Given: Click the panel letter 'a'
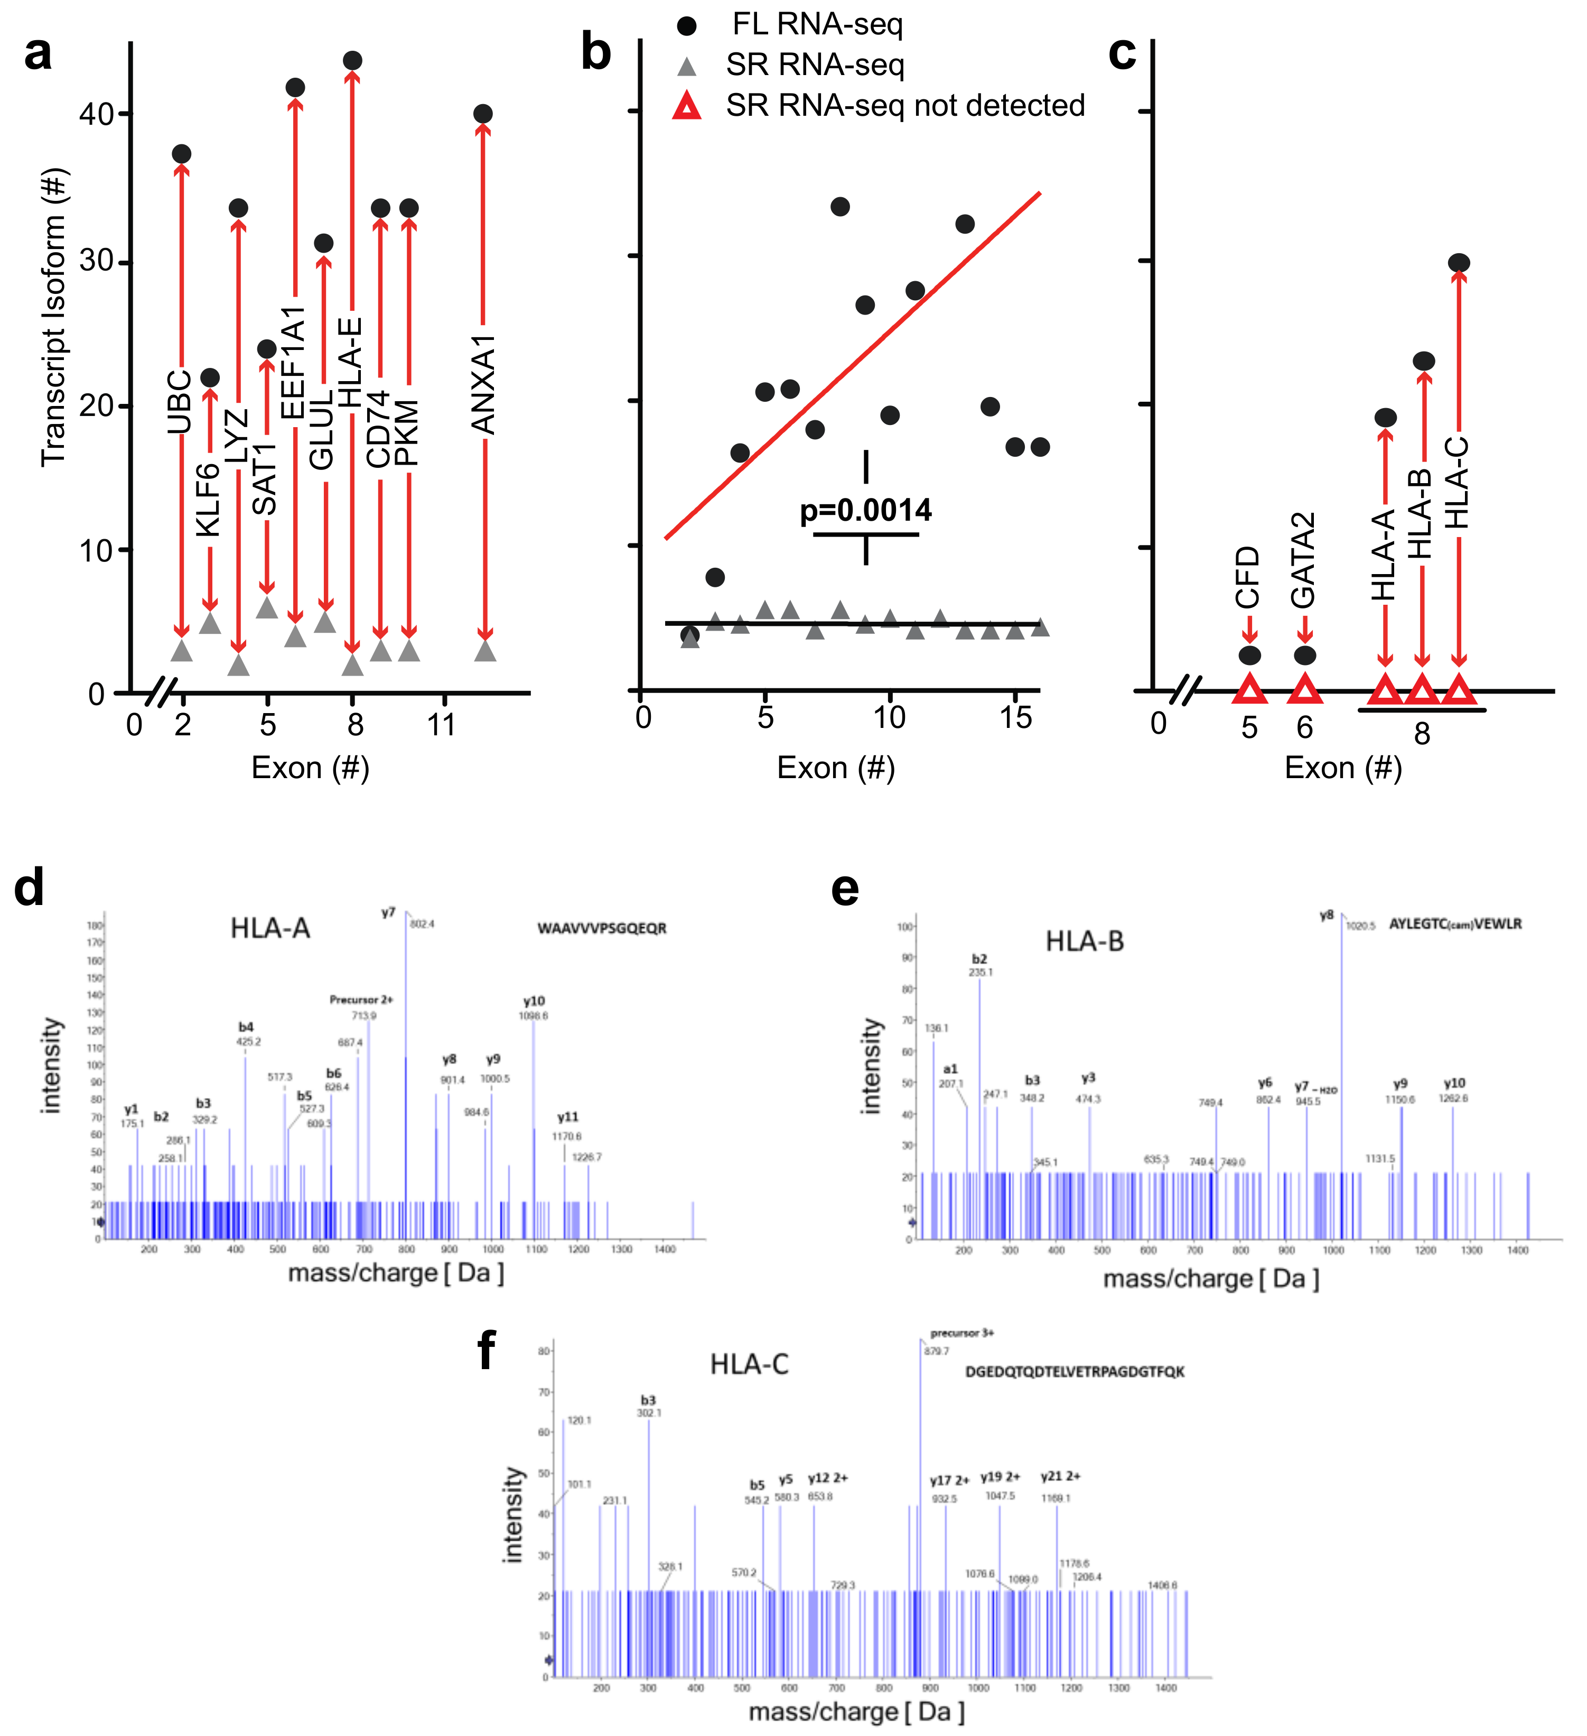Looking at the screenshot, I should tap(38, 53).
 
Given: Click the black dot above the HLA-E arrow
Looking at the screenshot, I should tap(352, 60).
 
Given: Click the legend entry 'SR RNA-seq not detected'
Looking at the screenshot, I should tap(904, 105).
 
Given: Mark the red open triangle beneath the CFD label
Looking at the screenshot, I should tap(1249, 690).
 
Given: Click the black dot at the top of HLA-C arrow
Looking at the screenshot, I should tap(1458, 263).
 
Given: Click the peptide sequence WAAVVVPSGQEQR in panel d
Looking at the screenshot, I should tap(602, 928).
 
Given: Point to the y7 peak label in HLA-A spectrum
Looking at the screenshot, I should tap(388, 913).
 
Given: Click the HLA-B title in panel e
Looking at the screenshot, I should tap(1085, 941).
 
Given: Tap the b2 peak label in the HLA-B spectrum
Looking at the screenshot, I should tap(979, 958).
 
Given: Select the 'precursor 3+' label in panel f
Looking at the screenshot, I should tap(961, 1333).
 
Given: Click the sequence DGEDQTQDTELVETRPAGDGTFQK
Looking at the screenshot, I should tap(1074, 1372).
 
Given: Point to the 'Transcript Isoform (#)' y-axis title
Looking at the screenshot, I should tap(53, 317).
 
